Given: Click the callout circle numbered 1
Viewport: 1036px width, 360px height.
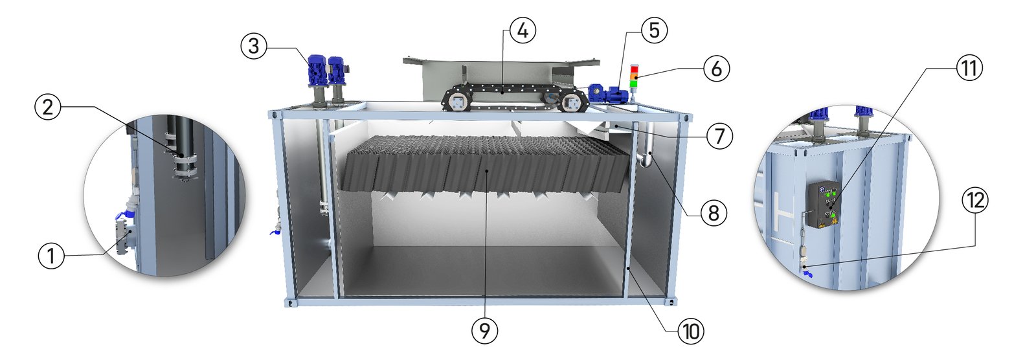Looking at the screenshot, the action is (x=51, y=255).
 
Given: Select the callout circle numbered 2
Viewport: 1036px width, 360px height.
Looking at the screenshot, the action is (x=48, y=107).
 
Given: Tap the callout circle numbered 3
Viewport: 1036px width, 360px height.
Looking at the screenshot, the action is (x=253, y=46).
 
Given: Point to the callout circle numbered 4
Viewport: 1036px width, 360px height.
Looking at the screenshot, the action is (x=523, y=30).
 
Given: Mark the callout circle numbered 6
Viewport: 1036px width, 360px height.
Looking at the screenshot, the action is (x=716, y=69).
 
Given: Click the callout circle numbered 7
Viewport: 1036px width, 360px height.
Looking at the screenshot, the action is (x=719, y=137).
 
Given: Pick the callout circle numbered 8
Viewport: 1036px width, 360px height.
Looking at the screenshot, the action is (x=714, y=213).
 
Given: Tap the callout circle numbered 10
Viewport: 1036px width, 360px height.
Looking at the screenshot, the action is (x=690, y=332).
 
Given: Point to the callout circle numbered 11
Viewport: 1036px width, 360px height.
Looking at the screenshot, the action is (x=969, y=68).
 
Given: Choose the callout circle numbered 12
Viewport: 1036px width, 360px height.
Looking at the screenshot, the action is (x=975, y=200).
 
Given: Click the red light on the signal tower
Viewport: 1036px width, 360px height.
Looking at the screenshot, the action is (x=634, y=70).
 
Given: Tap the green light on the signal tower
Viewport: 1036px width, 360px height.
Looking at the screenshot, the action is (x=634, y=84).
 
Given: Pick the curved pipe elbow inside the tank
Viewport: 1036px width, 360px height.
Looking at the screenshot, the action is (x=646, y=160).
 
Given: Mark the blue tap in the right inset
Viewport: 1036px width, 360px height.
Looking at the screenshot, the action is (x=808, y=275).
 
